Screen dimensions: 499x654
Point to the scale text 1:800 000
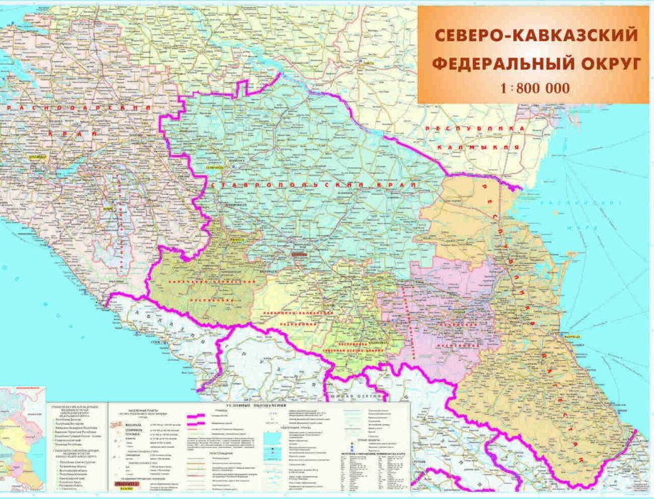533,88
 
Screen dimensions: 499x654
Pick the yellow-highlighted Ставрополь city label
215,168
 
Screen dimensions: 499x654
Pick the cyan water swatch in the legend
274,439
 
